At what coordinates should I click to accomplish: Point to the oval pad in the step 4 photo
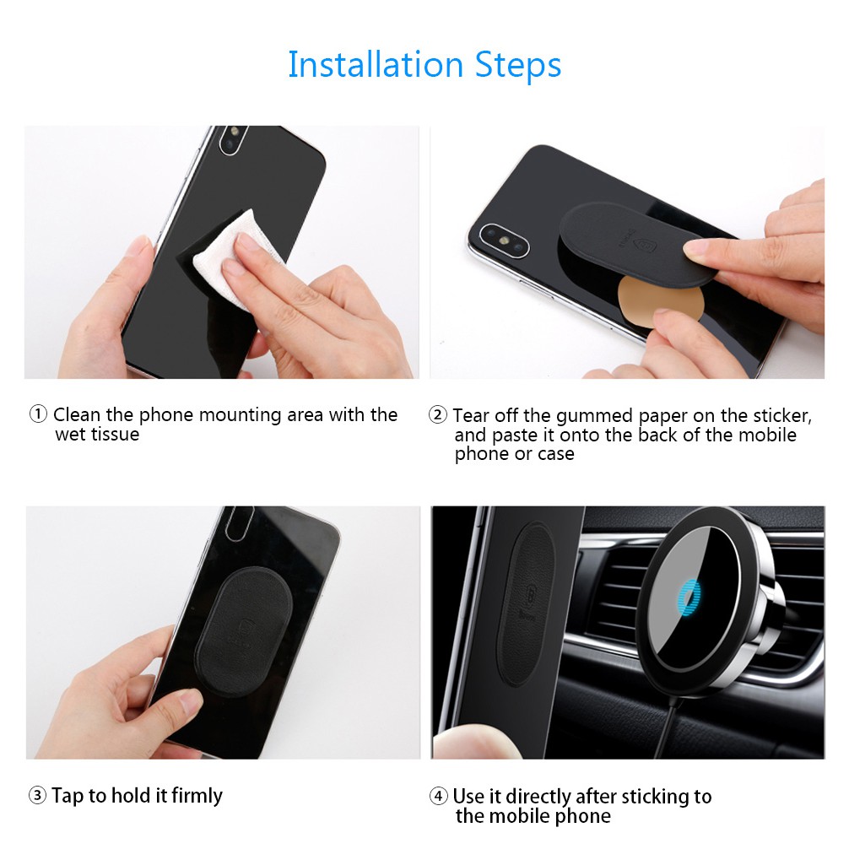pyautogui.click(x=524, y=603)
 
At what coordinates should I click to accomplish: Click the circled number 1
pyautogui.click(x=39, y=414)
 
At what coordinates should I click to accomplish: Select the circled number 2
pyautogui.click(x=438, y=415)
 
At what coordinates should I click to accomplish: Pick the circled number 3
pyautogui.click(x=38, y=796)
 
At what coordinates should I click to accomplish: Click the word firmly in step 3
pyautogui.click(x=197, y=796)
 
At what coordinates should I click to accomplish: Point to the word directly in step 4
pyautogui.click(x=530, y=797)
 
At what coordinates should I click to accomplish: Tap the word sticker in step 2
pyautogui.click(x=778, y=415)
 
